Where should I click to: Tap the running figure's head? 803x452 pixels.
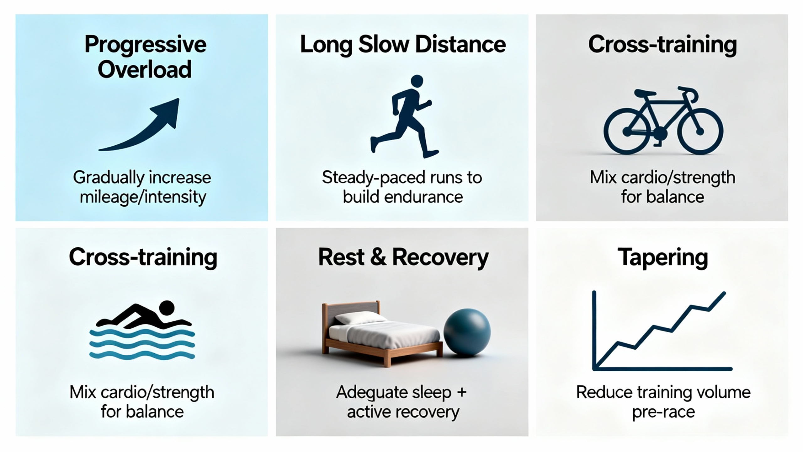coord(417,81)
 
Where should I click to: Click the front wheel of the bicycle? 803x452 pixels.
coord(700,131)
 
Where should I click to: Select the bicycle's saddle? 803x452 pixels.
coord(645,93)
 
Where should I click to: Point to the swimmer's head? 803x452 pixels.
coord(167,308)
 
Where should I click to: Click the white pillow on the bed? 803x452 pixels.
coord(360,319)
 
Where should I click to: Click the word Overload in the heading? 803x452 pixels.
coord(145,69)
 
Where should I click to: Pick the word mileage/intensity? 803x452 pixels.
coord(143,197)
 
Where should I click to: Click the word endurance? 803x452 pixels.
coord(423,197)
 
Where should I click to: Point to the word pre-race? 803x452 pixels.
coord(663,412)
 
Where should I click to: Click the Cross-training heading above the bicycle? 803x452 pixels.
coord(662,45)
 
